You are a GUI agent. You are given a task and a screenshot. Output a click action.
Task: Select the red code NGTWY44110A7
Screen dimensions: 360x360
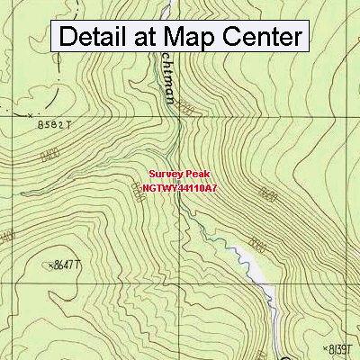[x=179, y=189]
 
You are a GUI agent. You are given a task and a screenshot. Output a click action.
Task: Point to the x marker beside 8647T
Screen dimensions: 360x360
[x=48, y=265]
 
